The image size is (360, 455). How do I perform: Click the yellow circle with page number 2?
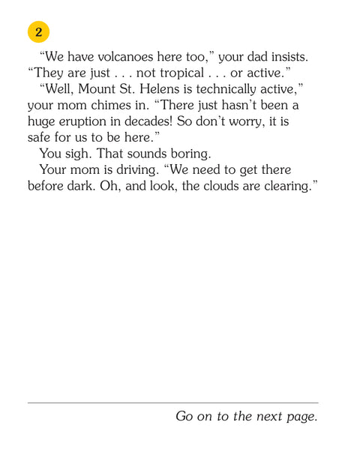point(38,31)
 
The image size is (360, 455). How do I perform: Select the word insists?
point(286,56)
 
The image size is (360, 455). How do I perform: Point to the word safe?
point(43,139)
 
